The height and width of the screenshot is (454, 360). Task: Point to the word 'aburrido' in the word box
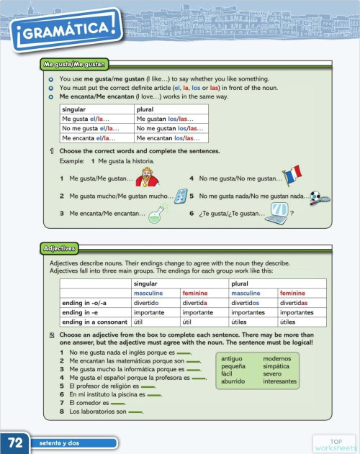coord(234,382)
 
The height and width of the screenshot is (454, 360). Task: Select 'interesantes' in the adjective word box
coord(281,382)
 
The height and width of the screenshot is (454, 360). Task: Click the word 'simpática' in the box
coord(276,366)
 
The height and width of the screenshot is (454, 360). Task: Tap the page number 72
coord(15,440)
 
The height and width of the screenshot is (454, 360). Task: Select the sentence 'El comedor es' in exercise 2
coord(91,404)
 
